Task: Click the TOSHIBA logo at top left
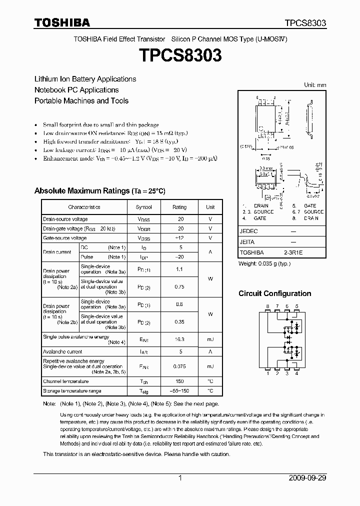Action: (62, 22)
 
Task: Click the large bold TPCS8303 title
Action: (180, 55)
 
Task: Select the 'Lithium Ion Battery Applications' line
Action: (85, 79)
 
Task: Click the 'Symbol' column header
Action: (144, 207)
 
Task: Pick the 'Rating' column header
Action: (179, 207)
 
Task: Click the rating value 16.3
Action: (179, 339)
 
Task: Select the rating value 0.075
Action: (179, 366)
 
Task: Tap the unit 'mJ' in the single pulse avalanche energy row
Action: (210, 339)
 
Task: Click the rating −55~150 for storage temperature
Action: (179, 391)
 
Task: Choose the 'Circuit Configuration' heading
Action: (274, 293)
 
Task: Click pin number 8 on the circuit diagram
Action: (268, 305)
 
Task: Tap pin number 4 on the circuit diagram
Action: (297, 373)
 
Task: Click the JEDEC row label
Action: (249, 231)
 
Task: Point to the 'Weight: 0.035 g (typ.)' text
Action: (264, 263)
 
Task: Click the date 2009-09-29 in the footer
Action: (307, 478)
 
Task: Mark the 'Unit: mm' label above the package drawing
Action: (315, 85)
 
